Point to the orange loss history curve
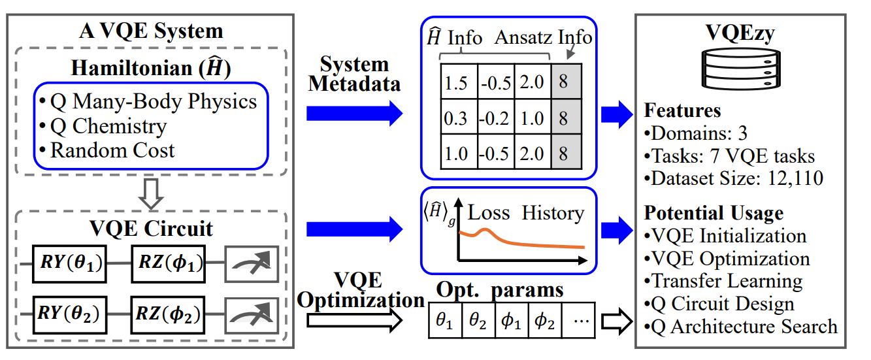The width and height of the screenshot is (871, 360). click(x=523, y=242)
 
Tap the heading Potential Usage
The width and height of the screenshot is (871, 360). click(x=714, y=213)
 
